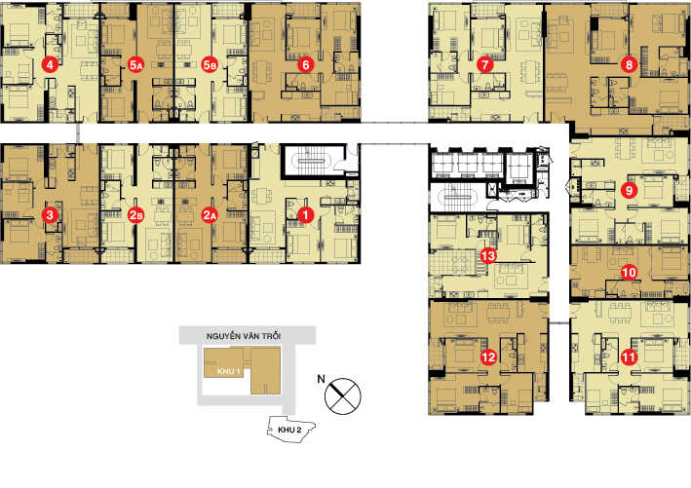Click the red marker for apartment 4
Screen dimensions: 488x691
[x=50, y=65]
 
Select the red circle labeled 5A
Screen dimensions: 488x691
[x=136, y=65]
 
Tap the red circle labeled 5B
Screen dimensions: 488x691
[x=210, y=65]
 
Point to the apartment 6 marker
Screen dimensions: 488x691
[x=306, y=65]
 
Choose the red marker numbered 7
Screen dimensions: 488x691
[x=484, y=65]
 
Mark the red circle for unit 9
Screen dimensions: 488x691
[x=629, y=191]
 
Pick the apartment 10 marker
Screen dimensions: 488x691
[x=629, y=273]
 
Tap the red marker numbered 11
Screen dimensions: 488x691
[x=629, y=357]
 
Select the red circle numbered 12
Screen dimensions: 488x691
[x=487, y=357]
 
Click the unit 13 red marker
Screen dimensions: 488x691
[x=488, y=256]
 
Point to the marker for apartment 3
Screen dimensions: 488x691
[x=50, y=214]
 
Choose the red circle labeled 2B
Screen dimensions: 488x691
[x=136, y=214]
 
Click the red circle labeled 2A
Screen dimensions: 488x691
[x=210, y=214]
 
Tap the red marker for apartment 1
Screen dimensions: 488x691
[x=305, y=213]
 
